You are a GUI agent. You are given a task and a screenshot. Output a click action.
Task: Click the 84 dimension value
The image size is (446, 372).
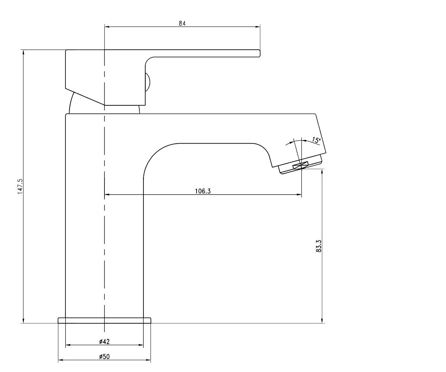coord(182,23)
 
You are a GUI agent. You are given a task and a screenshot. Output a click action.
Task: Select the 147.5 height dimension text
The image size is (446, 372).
coord(20,186)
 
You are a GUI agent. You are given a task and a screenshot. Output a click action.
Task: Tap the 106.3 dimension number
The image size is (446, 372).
coord(203,191)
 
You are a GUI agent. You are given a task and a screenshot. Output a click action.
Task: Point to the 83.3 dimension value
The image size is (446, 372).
coord(319,246)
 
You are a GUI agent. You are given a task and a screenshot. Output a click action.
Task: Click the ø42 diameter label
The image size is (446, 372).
coord(104,341)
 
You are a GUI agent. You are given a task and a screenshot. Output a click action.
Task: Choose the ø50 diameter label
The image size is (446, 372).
coord(104,357)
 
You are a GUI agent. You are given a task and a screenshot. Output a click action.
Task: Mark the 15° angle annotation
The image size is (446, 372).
coord(316,140)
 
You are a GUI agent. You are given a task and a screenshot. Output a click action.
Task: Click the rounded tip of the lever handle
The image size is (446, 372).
coord(259,53)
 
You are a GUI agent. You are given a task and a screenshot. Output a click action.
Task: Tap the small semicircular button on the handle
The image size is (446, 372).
coord(148,82)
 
